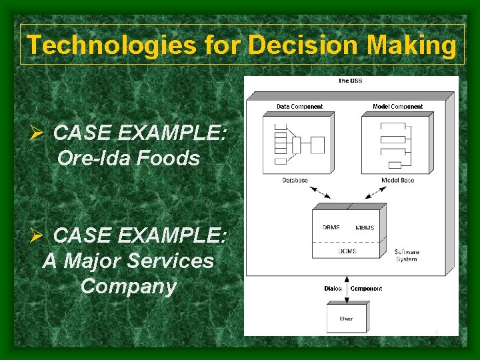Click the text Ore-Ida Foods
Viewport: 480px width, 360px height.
129,158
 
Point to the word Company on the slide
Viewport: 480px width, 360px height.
128,287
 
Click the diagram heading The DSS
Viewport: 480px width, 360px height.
350,81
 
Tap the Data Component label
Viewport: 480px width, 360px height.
299,107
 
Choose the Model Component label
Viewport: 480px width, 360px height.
397,107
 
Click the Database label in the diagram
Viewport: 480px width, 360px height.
295,181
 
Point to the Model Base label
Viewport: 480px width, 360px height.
397,181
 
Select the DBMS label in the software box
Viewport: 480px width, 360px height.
331,228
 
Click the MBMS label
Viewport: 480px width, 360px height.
365,228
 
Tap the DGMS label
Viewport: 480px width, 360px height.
347,251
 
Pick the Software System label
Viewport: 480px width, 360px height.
406,255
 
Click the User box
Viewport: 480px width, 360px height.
346,319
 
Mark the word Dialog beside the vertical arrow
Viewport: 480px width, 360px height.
333,289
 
